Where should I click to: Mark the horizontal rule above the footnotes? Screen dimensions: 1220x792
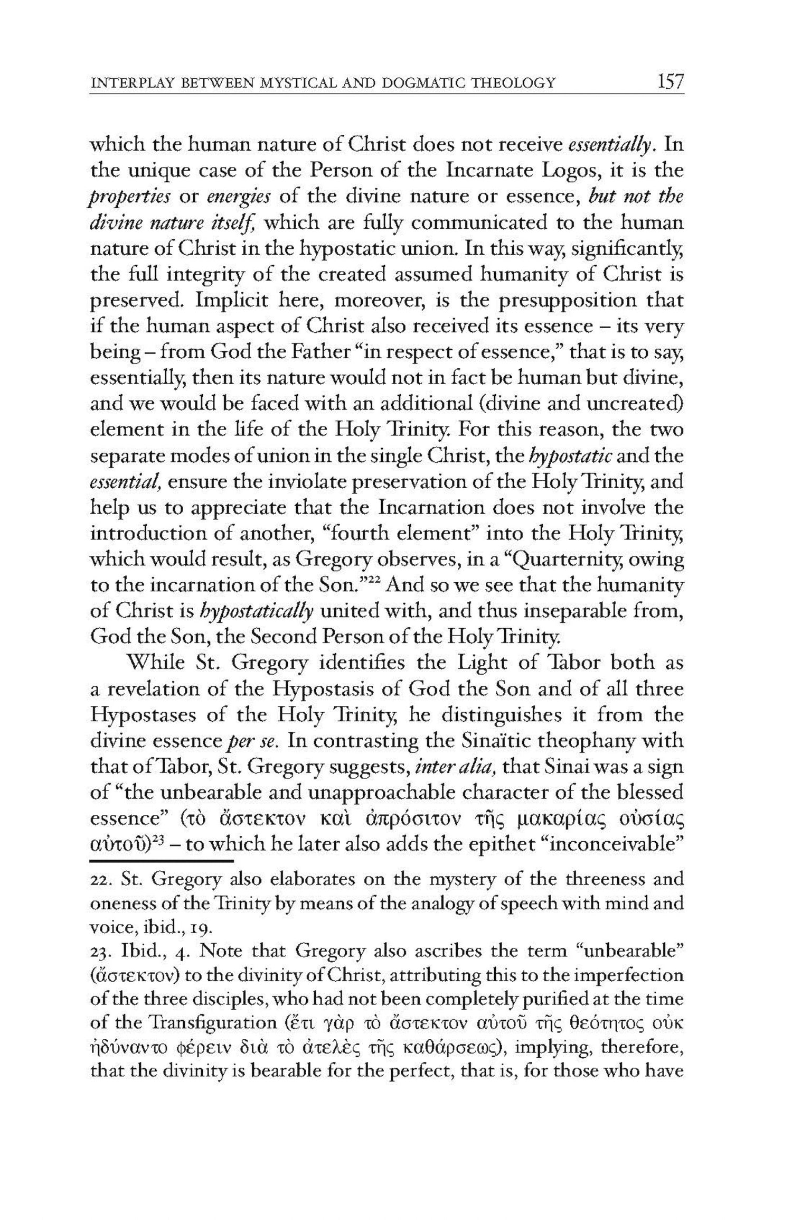point(162,861)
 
